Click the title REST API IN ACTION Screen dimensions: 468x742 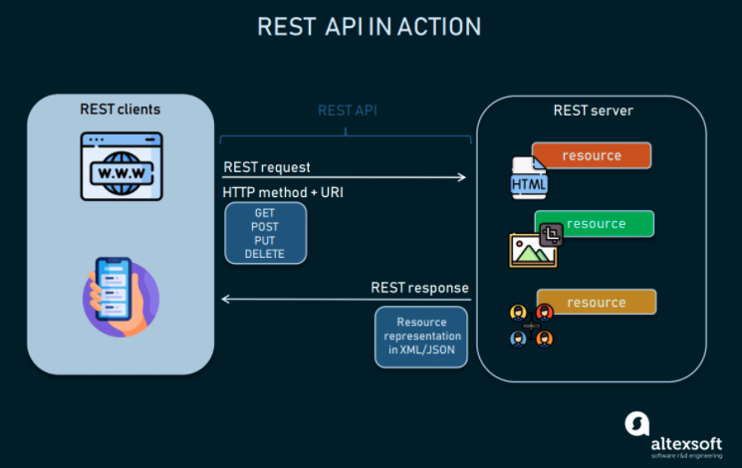[370, 27]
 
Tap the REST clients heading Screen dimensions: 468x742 [120, 109]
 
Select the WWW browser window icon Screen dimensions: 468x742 [121, 166]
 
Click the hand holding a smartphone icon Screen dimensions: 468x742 [119, 296]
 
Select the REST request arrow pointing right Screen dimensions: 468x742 [345, 177]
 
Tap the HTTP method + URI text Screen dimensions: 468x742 [285, 191]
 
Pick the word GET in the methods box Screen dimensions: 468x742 [265, 213]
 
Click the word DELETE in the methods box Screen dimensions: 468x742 [265, 254]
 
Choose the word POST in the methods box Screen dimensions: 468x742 [265, 227]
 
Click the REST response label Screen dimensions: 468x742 [419, 288]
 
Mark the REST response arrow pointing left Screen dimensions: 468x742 [345, 299]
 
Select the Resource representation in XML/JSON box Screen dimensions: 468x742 [421, 337]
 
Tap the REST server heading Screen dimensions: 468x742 [593, 110]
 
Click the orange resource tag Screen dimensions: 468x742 [592, 155]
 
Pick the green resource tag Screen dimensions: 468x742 [595, 224]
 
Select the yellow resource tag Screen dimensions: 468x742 [596, 302]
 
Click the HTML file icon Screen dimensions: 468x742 [528, 180]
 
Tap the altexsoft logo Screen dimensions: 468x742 [678, 431]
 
